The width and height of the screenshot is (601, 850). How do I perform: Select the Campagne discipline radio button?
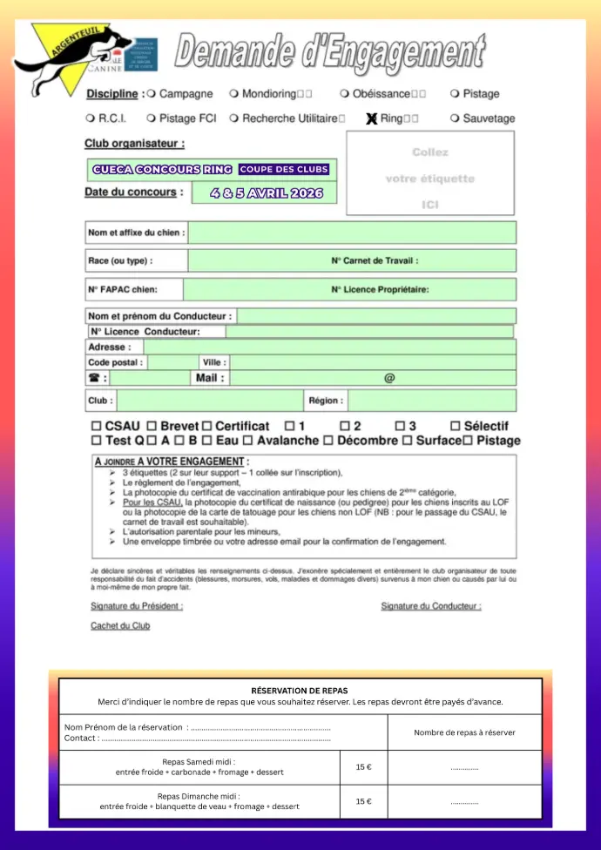pyautogui.click(x=152, y=93)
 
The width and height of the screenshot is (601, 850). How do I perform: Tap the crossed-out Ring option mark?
pyautogui.click(x=372, y=118)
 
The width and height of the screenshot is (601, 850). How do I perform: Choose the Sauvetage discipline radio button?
pyautogui.click(x=455, y=118)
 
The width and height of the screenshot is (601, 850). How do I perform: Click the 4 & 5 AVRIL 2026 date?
pyautogui.click(x=267, y=193)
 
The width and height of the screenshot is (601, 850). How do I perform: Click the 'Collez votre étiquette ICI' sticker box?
pyautogui.click(x=430, y=173)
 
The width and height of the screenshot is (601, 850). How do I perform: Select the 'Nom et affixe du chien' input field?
pyautogui.click(x=352, y=233)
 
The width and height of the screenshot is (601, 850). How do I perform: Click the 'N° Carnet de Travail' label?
pyautogui.click(x=375, y=260)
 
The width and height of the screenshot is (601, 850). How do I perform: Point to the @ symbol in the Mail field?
pyautogui.click(x=389, y=378)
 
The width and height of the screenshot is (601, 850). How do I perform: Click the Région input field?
pyautogui.click(x=431, y=401)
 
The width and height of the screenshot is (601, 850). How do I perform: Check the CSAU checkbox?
pyautogui.click(x=96, y=427)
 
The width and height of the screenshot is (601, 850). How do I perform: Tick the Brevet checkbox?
pyautogui.click(x=152, y=427)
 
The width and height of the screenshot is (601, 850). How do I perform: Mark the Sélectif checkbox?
pyautogui.click(x=455, y=427)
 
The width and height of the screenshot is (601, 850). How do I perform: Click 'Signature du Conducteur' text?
pyautogui.click(x=430, y=606)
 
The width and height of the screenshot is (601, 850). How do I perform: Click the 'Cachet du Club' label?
pyautogui.click(x=120, y=625)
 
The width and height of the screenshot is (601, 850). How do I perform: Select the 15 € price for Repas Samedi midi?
pyautogui.click(x=363, y=767)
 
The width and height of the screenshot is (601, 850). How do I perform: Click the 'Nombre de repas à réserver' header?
pyautogui.click(x=464, y=732)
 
